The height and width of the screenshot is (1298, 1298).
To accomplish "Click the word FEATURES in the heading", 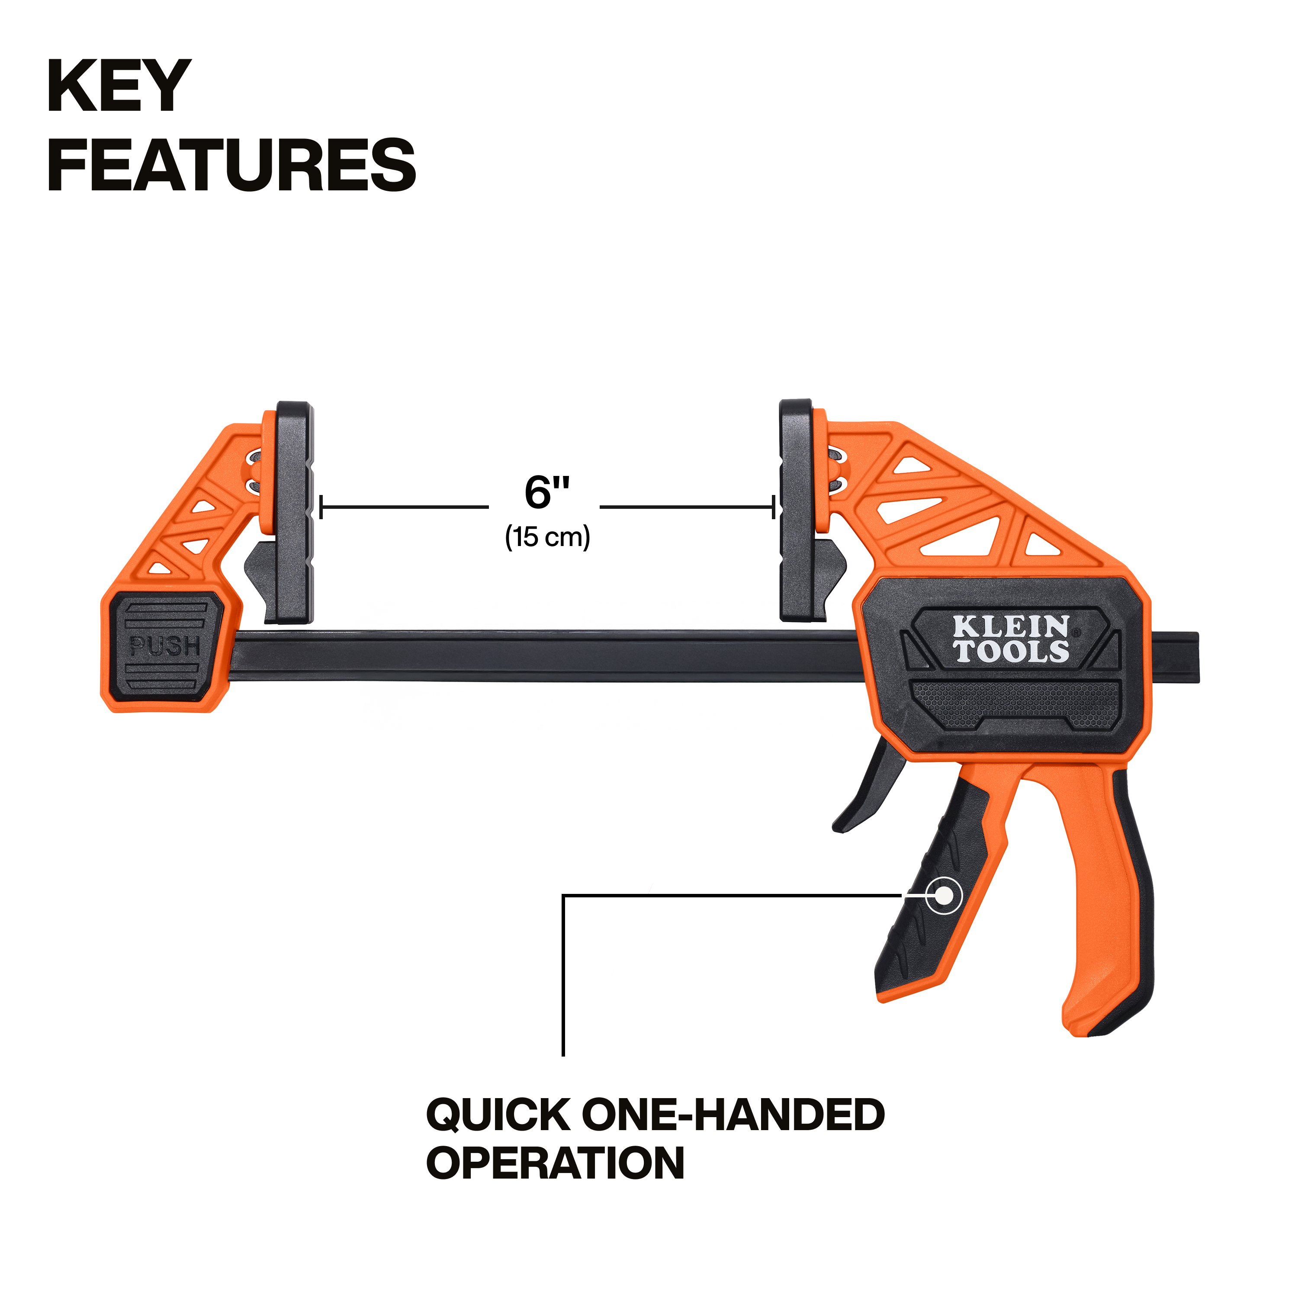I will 232,165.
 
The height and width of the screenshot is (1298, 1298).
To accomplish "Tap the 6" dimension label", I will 546,492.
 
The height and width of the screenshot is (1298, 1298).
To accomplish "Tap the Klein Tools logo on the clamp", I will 1011,639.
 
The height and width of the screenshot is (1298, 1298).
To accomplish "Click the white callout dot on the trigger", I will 943,896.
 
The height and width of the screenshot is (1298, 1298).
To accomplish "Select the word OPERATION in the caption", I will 556,1163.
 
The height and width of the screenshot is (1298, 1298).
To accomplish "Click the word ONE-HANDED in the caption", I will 733,1114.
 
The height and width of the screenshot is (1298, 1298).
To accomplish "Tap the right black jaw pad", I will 796,511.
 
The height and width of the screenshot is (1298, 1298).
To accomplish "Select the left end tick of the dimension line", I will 321,507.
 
